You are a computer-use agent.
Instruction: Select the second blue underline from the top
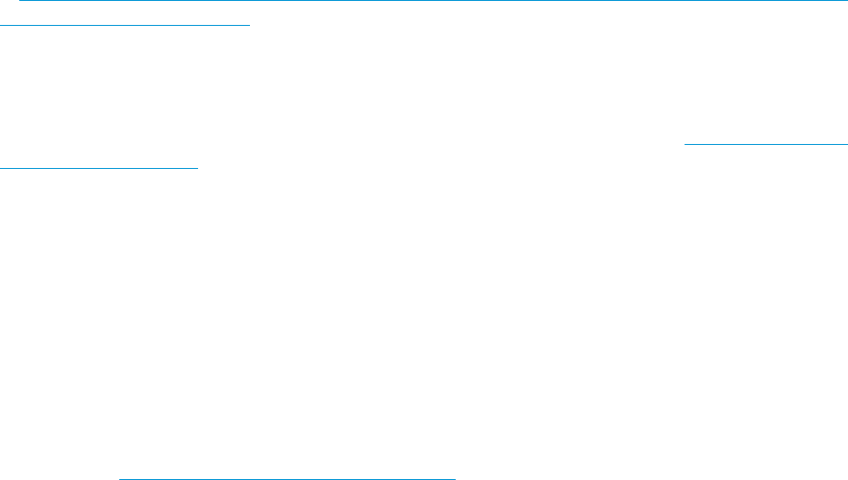point(124,26)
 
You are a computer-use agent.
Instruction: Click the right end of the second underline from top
point(248,26)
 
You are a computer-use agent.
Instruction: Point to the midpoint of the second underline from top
point(124,26)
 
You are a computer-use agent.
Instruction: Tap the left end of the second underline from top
point(1,26)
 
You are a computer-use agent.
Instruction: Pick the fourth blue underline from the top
point(99,168)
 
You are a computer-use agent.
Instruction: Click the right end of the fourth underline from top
point(197,168)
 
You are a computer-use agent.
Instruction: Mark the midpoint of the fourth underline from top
point(99,168)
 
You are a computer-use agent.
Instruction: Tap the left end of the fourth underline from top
point(1,168)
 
